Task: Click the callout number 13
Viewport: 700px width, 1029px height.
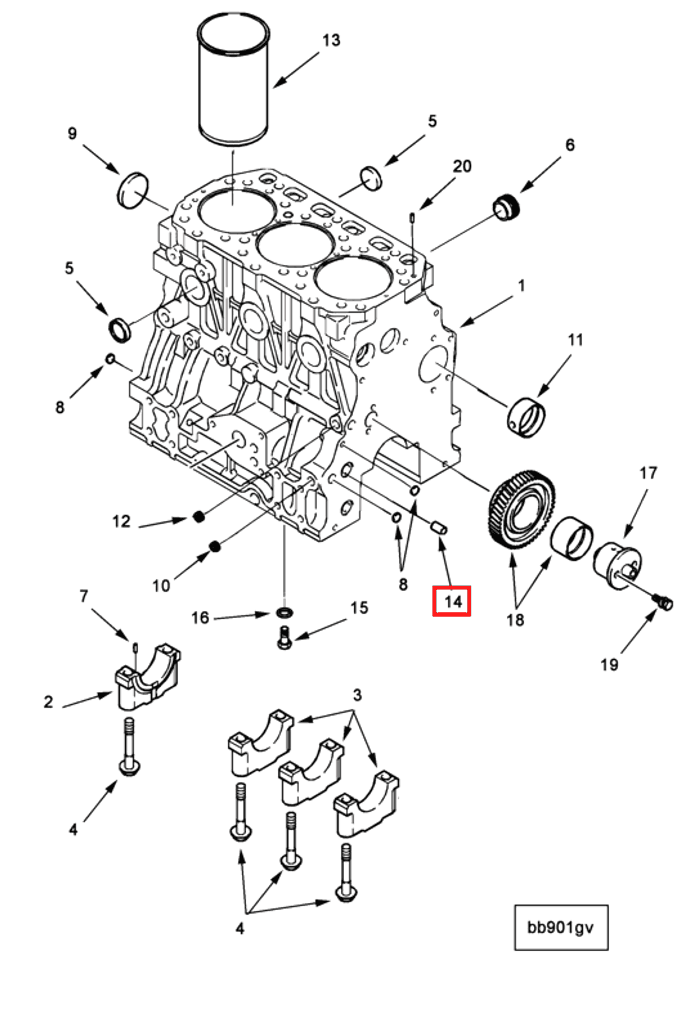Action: (x=331, y=40)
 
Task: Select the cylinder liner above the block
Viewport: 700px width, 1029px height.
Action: (x=233, y=82)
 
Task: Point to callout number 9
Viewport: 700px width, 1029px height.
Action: (x=72, y=133)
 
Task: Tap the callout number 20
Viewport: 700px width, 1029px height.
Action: (x=462, y=167)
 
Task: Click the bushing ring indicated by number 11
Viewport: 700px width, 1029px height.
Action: (x=526, y=416)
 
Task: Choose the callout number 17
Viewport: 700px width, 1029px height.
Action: (x=648, y=473)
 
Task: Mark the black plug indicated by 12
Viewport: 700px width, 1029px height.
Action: (x=199, y=516)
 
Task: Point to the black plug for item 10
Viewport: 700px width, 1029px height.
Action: (x=215, y=547)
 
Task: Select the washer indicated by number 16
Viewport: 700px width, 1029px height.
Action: (x=285, y=613)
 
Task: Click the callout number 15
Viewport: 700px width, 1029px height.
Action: (x=359, y=608)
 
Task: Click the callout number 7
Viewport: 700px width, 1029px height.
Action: (x=84, y=597)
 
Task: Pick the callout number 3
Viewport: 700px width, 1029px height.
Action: (x=357, y=695)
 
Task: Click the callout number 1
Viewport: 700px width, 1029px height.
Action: (x=521, y=286)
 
